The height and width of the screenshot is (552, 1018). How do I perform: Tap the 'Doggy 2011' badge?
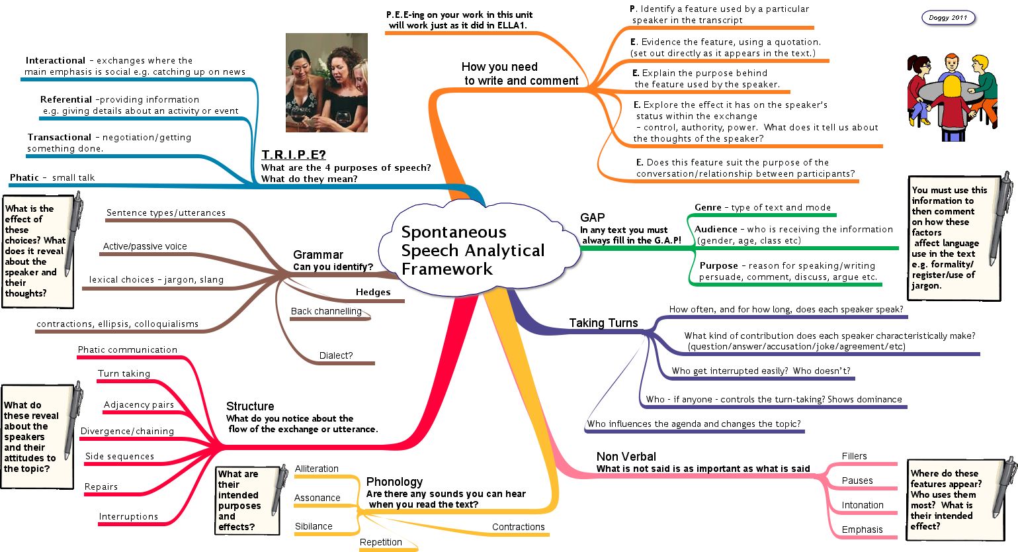pyautogui.click(x=948, y=18)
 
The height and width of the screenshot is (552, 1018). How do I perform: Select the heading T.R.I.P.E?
pyautogui.click(x=294, y=155)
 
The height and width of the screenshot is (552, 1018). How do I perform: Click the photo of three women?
pyautogui.click(x=326, y=83)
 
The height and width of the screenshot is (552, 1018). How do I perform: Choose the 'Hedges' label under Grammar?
pyautogui.click(x=373, y=292)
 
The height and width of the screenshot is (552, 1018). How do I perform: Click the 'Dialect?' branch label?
pyautogui.click(x=336, y=355)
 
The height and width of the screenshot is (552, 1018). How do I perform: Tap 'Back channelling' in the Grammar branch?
pyautogui.click(x=326, y=311)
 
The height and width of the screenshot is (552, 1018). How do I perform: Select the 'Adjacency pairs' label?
pyautogui.click(x=139, y=404)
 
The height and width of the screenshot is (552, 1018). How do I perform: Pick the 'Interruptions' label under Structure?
pyautogui.click(x=128, y=516)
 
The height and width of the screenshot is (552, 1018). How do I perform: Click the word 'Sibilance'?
pyautogui.click(x=314, y=526)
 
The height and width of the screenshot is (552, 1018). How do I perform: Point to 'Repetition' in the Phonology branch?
pyautogui.click(x=380, y=542)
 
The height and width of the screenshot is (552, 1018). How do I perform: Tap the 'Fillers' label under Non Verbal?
pyautogui.click(x=854, y=456)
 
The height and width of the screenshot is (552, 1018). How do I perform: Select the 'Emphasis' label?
pyautogui.click(x=862, y=529)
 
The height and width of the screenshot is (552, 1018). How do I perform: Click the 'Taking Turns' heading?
pyautogui.click(x=603, y=323)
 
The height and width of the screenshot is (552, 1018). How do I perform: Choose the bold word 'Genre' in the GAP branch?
pyautogui.click(x=708, y=207)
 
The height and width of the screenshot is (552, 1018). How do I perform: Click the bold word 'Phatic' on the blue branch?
pyautogui.click(x=24, y=177)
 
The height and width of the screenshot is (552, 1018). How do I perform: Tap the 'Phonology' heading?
pyautogui.click(x=394, y=482)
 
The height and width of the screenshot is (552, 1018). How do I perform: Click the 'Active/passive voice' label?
pyautogui.click(x=145, y=246)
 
